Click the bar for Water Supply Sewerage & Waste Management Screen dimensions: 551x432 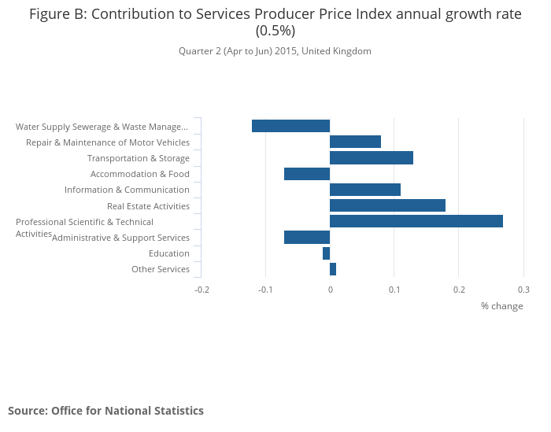point(291,126)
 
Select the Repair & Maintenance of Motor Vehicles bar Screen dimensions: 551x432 point(355,142)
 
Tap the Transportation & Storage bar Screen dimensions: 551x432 point(372,157)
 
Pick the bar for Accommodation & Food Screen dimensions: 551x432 point(307,174)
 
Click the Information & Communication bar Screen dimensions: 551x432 point(365,190)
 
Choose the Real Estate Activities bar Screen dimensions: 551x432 point(387,205)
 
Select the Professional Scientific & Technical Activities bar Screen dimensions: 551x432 point(416,221)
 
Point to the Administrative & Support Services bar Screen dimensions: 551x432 point(307,238)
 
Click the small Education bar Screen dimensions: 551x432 point(327,253)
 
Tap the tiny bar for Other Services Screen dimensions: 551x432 point(333,269)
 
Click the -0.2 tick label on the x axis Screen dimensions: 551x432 point(202,290)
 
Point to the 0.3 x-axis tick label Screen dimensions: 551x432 point(523,290)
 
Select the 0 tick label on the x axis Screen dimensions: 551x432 point(331,290)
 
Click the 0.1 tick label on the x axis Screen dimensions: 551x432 point(394,290)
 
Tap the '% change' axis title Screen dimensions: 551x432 point(502,306)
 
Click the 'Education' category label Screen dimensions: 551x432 point(169,253)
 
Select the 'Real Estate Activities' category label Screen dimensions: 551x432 point(148,206)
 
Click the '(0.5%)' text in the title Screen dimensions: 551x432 point(275,31)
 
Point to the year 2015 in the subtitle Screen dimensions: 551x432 point(286,51)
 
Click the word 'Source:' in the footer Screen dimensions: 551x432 point(28,411)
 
